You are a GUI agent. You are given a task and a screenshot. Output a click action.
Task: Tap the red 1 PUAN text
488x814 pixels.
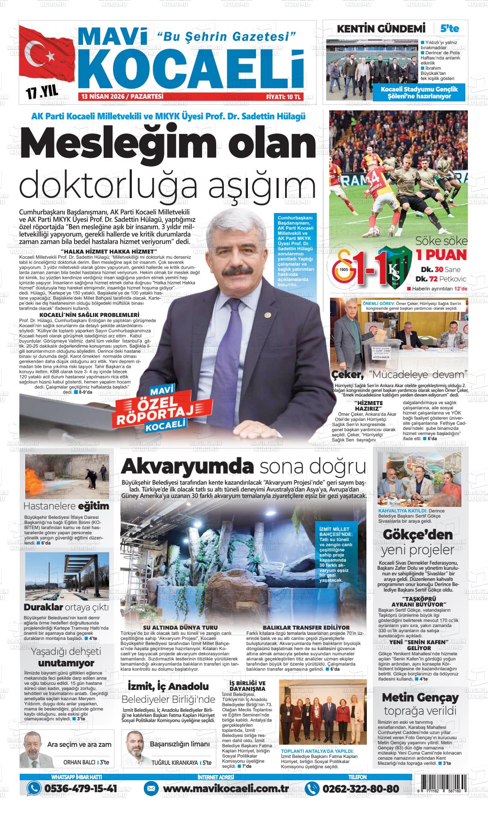[441, 255]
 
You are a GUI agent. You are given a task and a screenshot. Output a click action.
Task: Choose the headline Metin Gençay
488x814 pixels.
[420, 697]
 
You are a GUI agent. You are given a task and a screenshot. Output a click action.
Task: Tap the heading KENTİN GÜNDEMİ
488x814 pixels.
[381, 29]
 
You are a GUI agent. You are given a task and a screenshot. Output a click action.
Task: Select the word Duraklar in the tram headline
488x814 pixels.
[44, 607]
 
